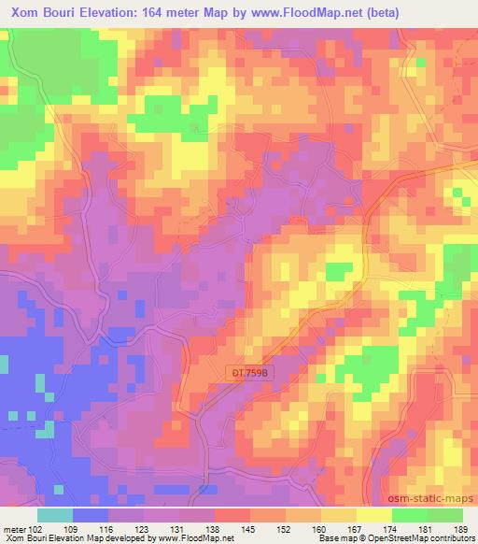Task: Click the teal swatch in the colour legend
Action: click(55, 514)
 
